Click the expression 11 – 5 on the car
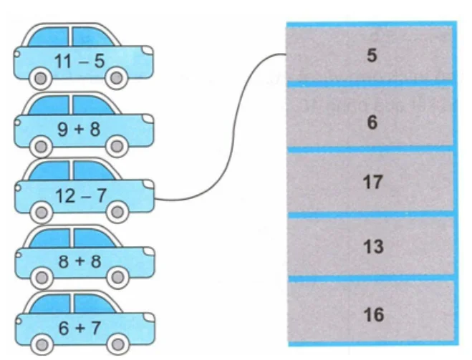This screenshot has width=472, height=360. point(80,61)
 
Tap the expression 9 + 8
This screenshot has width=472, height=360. point(79,130)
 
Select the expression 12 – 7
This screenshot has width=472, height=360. point(81,196)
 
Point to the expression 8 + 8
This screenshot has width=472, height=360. point(80,261)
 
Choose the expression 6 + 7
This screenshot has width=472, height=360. point(80,328)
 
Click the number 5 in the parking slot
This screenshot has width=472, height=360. point(372,55)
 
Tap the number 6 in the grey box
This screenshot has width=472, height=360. point(372,122)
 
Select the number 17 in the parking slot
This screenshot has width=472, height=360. point(372,182)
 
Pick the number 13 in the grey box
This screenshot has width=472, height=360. point(374,247)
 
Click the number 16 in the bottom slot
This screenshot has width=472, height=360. point(374,315)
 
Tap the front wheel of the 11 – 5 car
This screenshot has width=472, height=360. point(117,78)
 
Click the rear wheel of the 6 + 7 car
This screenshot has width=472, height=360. point(42,345)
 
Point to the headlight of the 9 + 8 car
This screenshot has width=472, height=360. point(148,119)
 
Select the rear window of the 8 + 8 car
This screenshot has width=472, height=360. point(50,238)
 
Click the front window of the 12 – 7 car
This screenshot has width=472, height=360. point(92,172)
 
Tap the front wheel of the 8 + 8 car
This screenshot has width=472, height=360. point(117,278)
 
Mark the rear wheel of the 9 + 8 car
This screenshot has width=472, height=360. point(42,147)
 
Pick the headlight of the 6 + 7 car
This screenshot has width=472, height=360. point(149,317)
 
